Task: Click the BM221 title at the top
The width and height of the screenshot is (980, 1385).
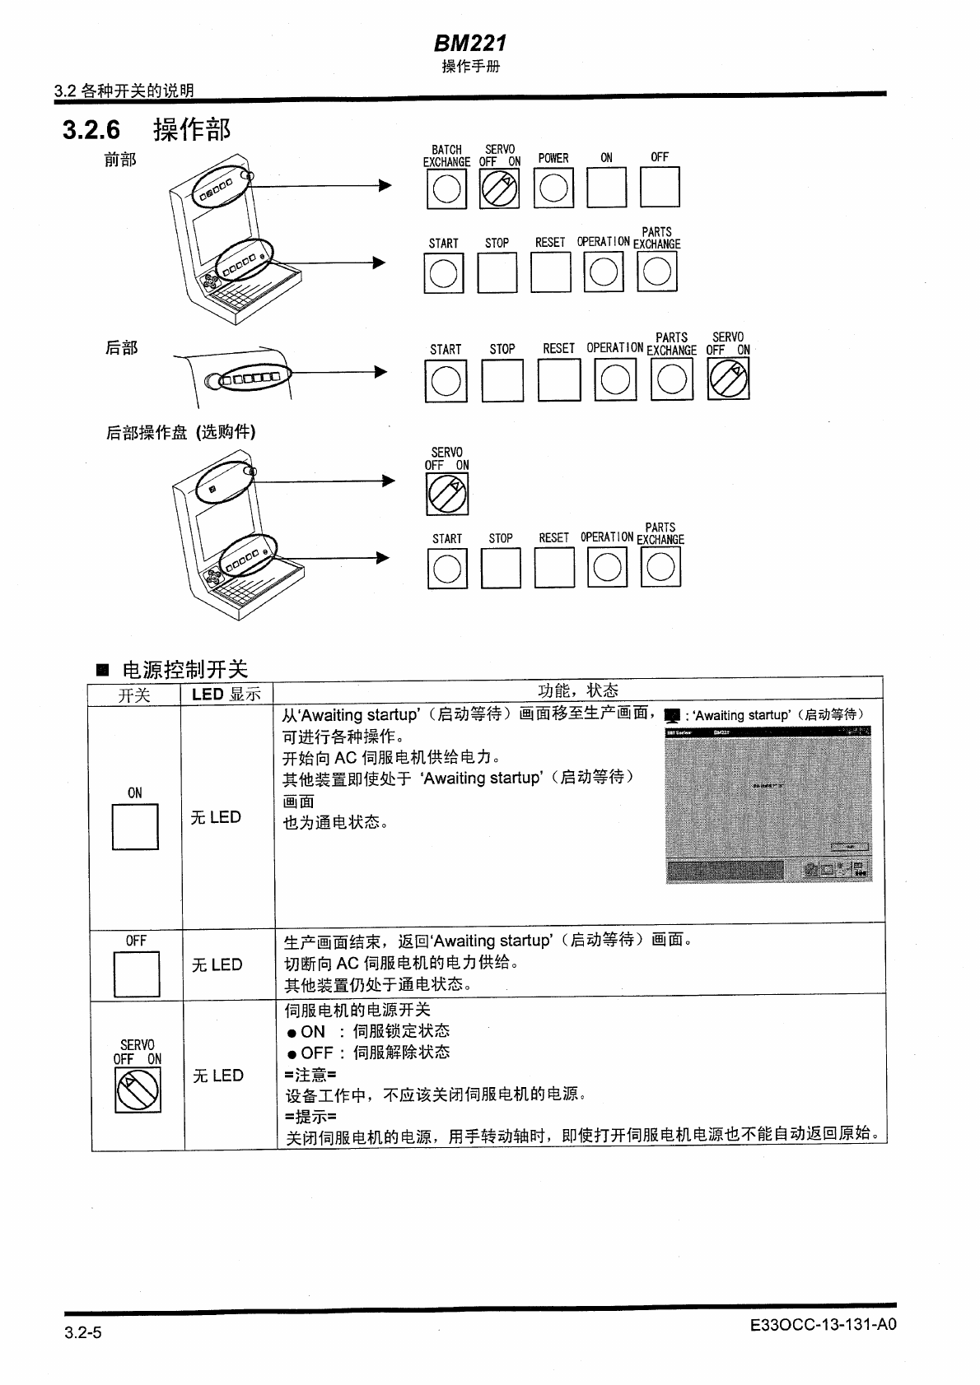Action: [x=470, y=43]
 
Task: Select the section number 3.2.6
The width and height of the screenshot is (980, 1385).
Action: [x=91, y=130]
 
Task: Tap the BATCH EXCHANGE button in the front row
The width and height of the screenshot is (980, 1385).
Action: [x=446, y=188]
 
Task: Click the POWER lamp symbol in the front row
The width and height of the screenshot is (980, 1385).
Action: [x=553, y=188]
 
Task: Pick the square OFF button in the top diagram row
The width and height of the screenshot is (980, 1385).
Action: [x=660, y=188]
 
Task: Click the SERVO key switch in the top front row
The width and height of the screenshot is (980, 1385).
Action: [x=499, y=188]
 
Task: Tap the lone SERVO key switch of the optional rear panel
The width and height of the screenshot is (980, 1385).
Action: [x=447, y=495]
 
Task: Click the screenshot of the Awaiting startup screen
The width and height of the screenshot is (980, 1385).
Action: [x=768, y=804]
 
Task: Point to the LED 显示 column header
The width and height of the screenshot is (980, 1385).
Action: [x=226, y=694]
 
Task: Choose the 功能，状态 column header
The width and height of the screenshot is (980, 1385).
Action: [x=578, y=690]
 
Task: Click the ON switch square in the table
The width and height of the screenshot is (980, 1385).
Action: [x=135, y=826]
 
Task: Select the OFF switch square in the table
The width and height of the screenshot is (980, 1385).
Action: [x=137, y=974]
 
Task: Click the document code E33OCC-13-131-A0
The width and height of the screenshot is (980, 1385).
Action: [x=823, y=1324]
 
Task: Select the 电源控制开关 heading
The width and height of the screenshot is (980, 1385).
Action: [x=184, y=669]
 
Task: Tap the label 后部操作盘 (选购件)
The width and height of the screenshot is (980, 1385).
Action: [x=180, y=432]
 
